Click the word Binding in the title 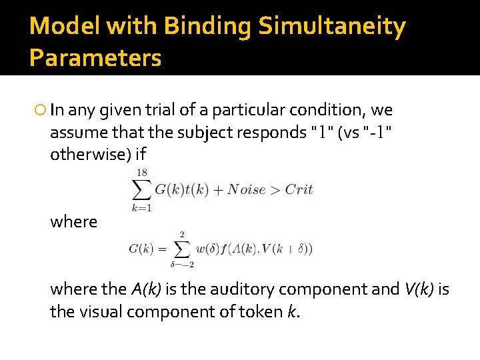206,27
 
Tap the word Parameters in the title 95,58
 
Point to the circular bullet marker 41,110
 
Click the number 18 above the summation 141,173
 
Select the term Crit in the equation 299,189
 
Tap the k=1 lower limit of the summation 141,207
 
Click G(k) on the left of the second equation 141,249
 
